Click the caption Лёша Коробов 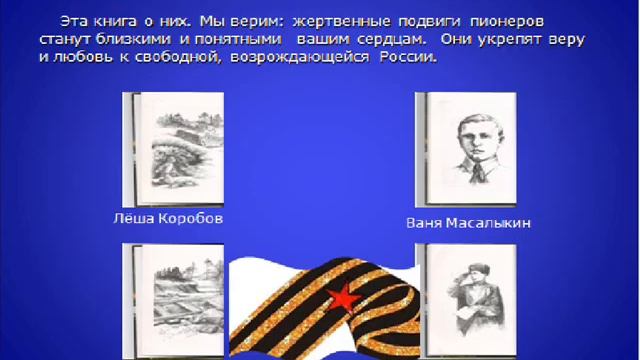click(x=167, y=217)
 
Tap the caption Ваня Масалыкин click(x=468, y=223)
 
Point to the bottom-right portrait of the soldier click(x=467, y=299)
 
